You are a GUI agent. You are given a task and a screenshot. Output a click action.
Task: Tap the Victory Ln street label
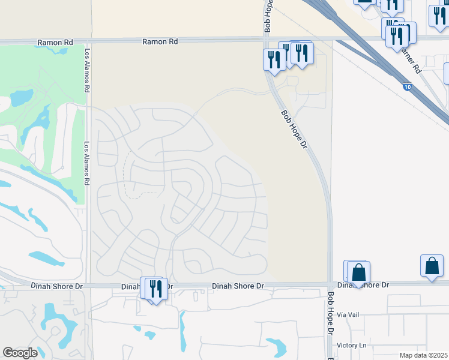[351, 345]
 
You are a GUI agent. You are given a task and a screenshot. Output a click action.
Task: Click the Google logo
[20, 353]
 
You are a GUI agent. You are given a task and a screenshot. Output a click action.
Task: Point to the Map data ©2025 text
[423, 355]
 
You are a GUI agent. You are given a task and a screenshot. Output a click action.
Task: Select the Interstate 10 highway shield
[408, 88]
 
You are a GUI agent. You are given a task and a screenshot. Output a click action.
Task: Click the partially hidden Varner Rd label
[412, 58]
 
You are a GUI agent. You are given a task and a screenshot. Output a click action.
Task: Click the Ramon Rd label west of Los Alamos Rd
[54, 43]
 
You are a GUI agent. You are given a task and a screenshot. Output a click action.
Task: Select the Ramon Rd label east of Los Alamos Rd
[160, 42]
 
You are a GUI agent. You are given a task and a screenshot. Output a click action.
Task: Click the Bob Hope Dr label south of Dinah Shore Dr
[330, 313]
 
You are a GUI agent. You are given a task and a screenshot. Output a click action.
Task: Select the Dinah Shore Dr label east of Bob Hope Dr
[363, 285]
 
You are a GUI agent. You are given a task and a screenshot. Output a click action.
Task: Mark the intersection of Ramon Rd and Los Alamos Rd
[88, 42]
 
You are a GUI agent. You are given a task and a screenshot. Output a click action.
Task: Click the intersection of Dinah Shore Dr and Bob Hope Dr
[330, 283]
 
